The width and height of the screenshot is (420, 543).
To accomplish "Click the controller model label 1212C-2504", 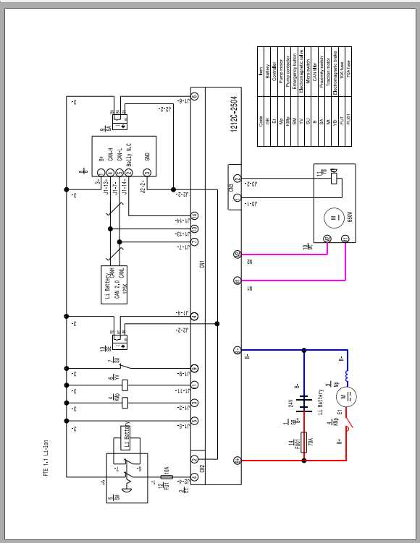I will [233, 113].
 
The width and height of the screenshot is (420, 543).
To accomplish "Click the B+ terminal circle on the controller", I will [237, 460].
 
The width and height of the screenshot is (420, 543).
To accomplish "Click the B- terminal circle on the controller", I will [237, 350].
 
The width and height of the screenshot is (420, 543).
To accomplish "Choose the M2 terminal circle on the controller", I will [237, 254].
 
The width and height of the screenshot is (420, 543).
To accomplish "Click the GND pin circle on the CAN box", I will [147, 172].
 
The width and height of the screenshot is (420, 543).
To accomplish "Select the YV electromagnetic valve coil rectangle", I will [125, 384].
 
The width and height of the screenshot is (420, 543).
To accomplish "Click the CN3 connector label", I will [230, 189].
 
